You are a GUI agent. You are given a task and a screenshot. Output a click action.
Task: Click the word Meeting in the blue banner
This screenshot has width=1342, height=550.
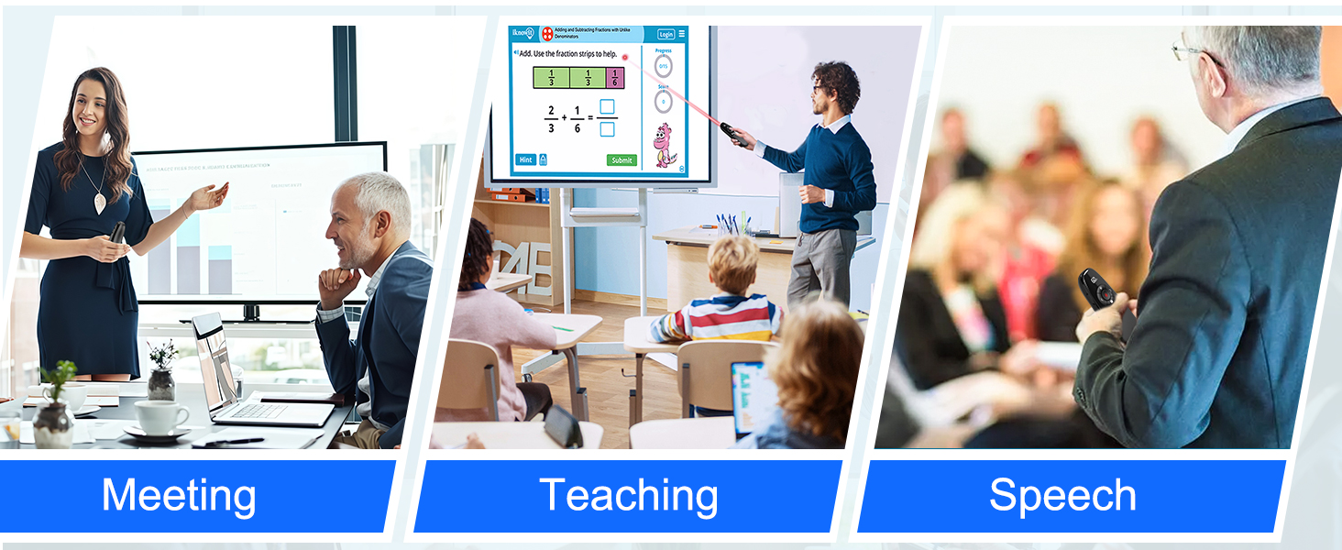point(179,496)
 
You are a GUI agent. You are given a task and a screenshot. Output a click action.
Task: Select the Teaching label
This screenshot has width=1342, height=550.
point(629,496)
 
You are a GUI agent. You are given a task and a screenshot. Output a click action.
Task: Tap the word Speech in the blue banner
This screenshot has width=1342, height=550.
point(1062,496)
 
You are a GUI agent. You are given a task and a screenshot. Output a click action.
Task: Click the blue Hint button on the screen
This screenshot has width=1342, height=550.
point(525,159)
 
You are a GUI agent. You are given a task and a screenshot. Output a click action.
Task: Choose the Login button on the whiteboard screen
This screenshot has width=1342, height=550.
point(666,34)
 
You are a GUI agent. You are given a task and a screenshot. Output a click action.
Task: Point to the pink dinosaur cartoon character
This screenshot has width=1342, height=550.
point(664,145)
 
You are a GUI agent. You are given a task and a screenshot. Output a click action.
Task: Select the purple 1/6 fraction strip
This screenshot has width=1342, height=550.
point(614,77)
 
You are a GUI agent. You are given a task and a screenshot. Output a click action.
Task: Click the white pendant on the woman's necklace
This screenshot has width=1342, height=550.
point(100,203)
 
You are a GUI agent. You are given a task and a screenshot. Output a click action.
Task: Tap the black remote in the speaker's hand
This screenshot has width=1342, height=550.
point(1096,289)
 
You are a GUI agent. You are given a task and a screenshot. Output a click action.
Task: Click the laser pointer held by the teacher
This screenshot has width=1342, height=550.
point(730,133)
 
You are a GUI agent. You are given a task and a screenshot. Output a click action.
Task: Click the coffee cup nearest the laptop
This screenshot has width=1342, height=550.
point(161,418)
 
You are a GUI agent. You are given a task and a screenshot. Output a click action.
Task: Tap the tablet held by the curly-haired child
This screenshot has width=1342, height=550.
point(747,399)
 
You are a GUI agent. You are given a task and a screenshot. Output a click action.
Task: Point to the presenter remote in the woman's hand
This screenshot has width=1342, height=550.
point(116,234)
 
